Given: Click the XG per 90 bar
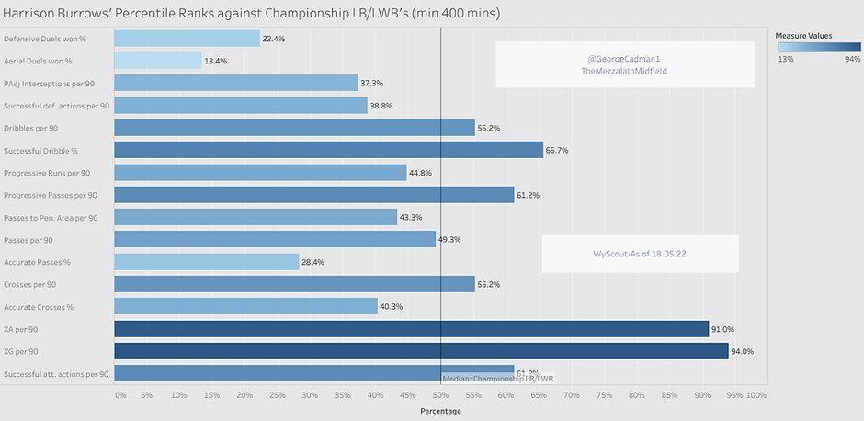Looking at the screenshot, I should click(421, 350).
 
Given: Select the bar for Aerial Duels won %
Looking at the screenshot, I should click(158, 60).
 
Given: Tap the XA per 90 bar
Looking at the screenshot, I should click(411, 328).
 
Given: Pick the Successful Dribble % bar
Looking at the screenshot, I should click(328, 149).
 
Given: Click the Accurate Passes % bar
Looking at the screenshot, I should click(207, 261).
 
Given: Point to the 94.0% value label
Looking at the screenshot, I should click(745, 351).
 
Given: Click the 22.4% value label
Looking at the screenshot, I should click(274, 39).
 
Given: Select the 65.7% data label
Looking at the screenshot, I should click(557, 150).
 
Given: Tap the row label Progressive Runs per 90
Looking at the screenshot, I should click(47, 173).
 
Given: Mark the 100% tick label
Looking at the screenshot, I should click(756, 395).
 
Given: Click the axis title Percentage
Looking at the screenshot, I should click(440, 411).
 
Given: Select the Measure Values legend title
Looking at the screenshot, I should click(804, 35).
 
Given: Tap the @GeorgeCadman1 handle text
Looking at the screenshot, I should click(624, 58).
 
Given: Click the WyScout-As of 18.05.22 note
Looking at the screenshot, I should click(639, 253).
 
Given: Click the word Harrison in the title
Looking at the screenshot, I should click(36, 15).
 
